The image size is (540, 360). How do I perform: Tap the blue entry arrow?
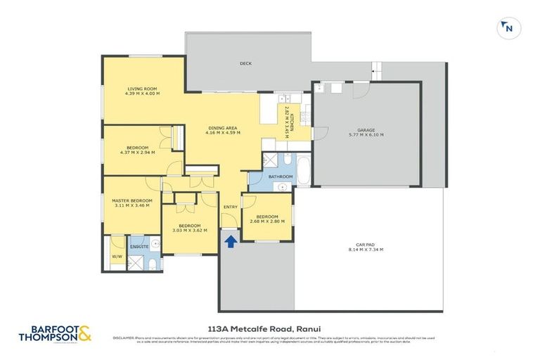coord(230,241)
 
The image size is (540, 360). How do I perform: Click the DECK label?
coord(245,63)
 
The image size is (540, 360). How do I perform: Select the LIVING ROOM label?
coord(143,89)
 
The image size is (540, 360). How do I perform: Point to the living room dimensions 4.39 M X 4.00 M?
coord(143,94)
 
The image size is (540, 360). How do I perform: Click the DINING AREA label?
coord(223,127)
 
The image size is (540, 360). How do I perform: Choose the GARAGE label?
coord(366,129)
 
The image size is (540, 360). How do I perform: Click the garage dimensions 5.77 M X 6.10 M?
coord(366,134)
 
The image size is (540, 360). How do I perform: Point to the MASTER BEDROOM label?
coord(132,200)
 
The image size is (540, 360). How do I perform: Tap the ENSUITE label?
coord(138,247)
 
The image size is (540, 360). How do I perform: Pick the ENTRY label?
coord(231,207)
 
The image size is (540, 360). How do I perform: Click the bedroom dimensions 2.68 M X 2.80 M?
coord(267,221)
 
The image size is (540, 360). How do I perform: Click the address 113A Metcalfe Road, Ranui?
coord(269,326)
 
